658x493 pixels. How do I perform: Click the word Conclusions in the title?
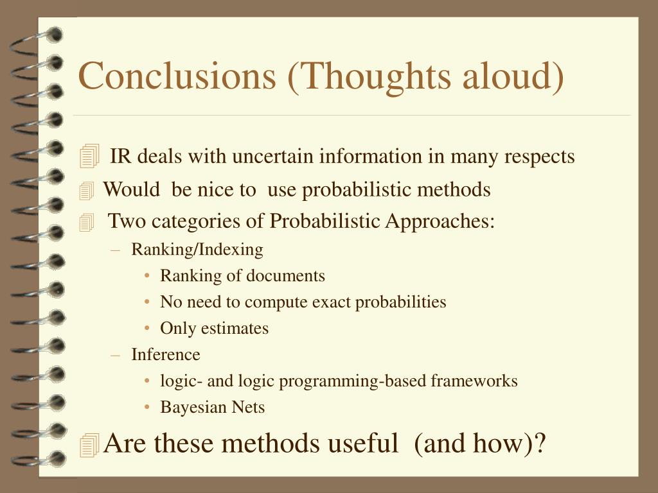pos(177,76)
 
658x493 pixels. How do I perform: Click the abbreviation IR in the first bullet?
pos(120,156)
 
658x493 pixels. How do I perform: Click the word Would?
pos(131,189)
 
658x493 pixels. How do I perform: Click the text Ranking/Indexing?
pos(197,250)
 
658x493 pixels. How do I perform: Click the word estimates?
pos(235,328)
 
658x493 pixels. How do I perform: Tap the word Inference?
pos(166,354)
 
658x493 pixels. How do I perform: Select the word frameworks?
pos(474,381)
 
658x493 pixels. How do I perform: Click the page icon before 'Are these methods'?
pos(89,445)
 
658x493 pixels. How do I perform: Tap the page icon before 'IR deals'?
pos(89,156)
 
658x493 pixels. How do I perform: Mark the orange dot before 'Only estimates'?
pos(147,328)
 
